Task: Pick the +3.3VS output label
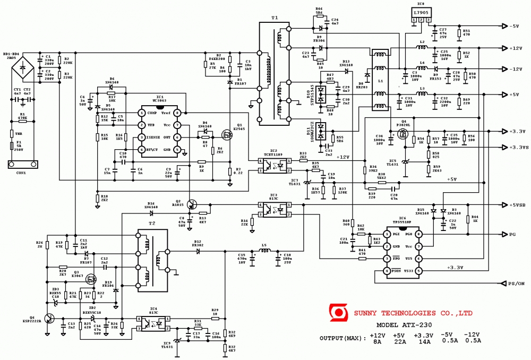click(518, 147)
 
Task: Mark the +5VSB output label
click(518, 205)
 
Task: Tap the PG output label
click(512, 234)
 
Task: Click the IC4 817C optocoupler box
click(153, 323)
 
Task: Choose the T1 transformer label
click(275, 18)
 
